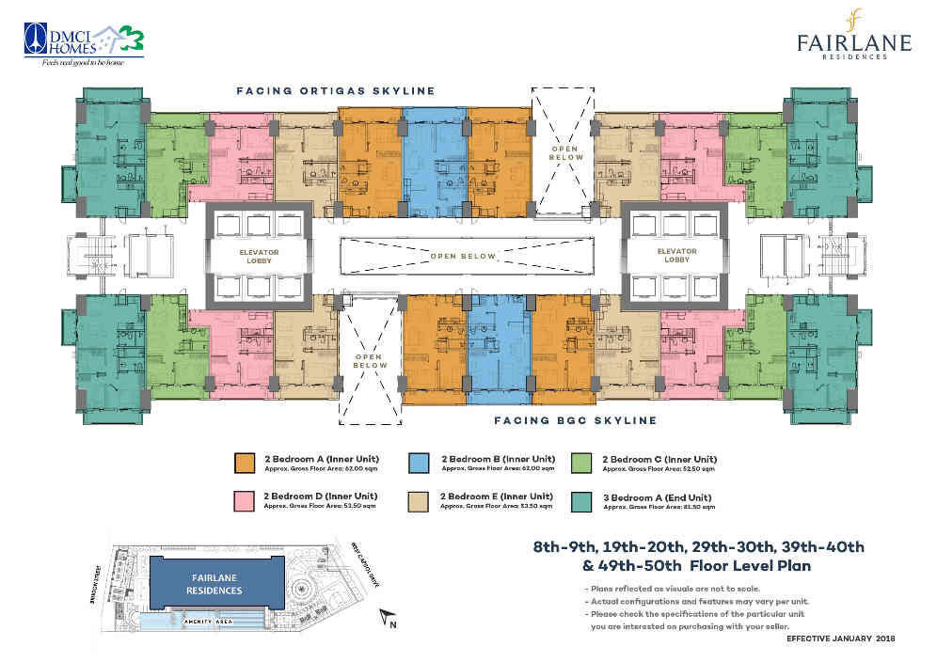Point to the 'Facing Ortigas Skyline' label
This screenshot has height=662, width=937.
[x=335, y=91]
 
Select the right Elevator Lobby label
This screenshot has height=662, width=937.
[x=675, y=256]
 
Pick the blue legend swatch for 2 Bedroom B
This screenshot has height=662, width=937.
[x=421, y=462]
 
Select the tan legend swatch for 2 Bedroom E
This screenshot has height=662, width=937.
[x=421, y=499]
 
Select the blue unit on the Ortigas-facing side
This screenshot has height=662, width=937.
[x=435, y=160]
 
